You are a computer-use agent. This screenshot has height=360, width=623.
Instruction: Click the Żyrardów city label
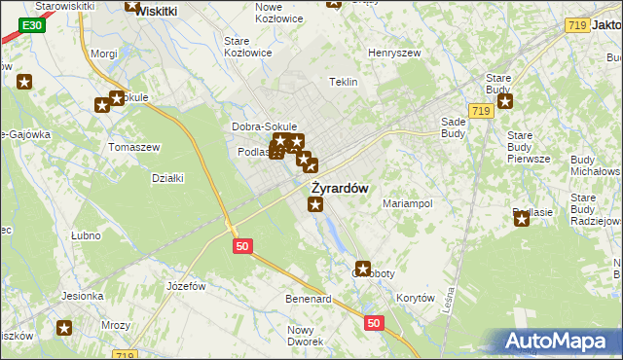pyautogui.click(x=340, y=188)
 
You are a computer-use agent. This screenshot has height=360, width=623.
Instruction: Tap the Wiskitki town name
pyautogui.click(x=156, y=11)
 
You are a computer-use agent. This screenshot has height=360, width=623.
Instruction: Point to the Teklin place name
pyautogui.click(x=344, y=83)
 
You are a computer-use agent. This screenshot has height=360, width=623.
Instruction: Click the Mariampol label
pyautogui.click(x=407, y=203)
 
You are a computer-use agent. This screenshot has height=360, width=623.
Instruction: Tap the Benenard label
pyautogui.click(x=309, y=298)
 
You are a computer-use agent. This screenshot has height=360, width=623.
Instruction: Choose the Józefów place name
pyautogui.click(x=186, y=286)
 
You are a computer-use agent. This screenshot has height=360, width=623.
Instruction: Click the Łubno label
pyautogui.click(x=87, y=235)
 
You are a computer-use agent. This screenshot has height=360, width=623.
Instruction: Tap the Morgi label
pyautogui.click(x=103, y=54)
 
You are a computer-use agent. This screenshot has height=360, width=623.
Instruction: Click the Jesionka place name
pyautogui.click(x=83, y=296)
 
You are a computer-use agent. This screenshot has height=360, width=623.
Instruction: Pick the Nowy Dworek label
pyautogui.click(x=306, y=336)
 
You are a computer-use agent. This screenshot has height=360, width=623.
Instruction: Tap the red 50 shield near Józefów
pyautogui.click(x=243, y=247)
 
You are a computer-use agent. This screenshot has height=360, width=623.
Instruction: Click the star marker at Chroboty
pyautogui.click(x=363, y=269)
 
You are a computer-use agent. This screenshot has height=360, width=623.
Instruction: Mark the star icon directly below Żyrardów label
pyautogui.click(x=315, y=204)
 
